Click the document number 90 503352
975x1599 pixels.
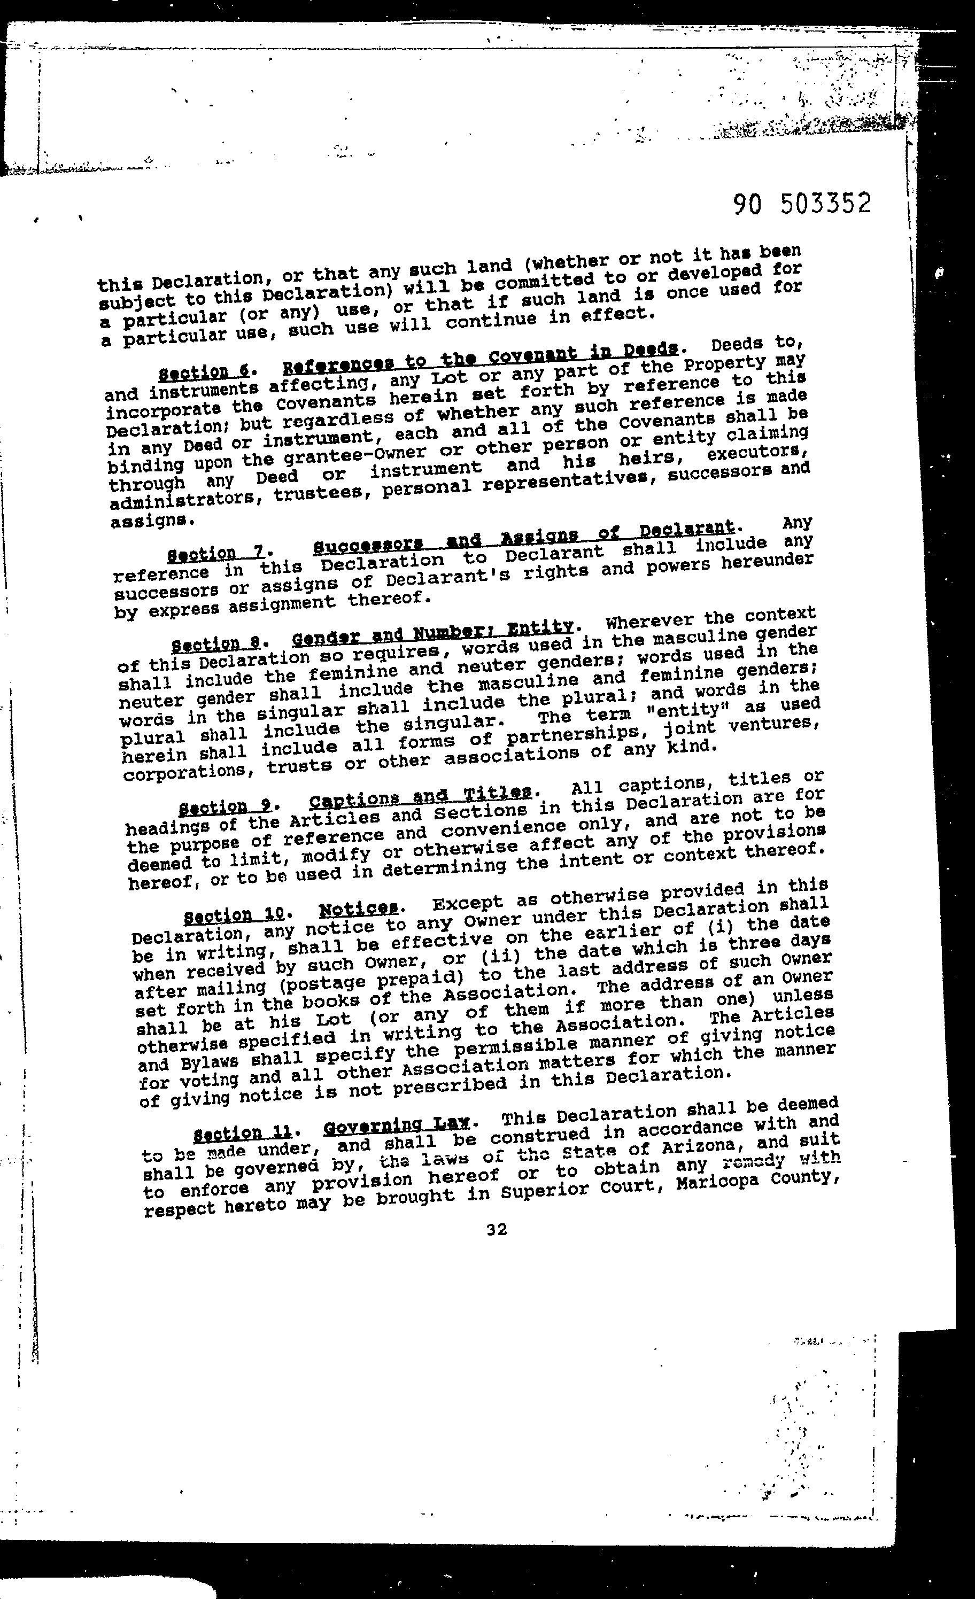click(x=802, y=204)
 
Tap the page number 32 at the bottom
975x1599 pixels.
click(x=497, y=1229)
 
